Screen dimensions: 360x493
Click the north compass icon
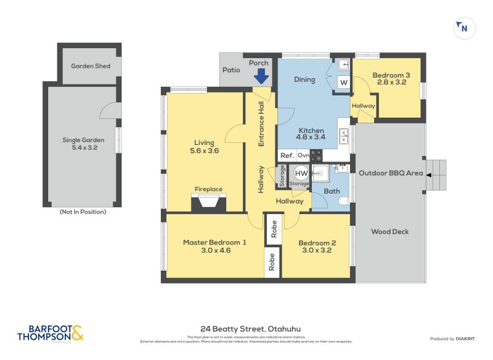pos(463,28)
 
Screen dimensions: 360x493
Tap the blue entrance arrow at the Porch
pos(261,76)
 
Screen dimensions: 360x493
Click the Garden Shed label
pos(91,65)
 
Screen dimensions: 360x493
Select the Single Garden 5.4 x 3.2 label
pos(80,144)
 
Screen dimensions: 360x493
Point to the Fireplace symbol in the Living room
pos(208,202)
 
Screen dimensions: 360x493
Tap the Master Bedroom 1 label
pos(214,247)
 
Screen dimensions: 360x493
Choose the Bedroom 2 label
pos(317,247)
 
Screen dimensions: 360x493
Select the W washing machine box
pos(344,82)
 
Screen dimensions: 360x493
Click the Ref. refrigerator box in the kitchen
pos(287,156)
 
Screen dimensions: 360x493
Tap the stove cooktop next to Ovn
pos(316,156)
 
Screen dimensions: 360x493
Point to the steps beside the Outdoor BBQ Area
pos(436,174)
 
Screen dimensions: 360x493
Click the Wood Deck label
pos(390,232)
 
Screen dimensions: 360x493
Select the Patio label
pos(231,70)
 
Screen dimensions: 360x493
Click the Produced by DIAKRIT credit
pos(454,339)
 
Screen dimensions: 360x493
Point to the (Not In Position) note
pos(83,212)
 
